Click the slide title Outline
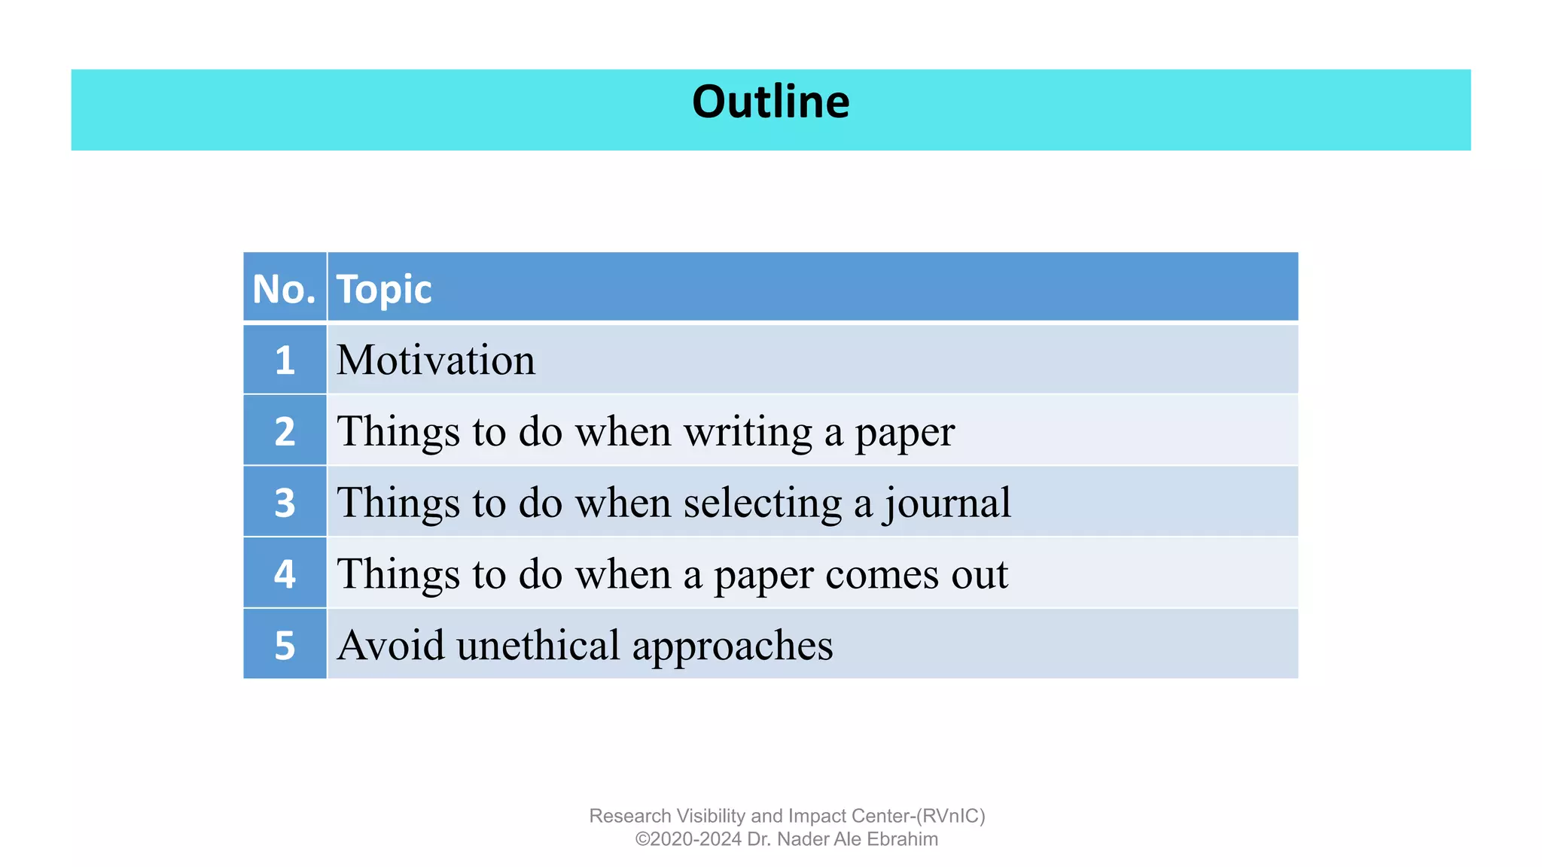(x=770, y=102)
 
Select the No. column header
(x=284, y=289)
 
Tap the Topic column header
(x=384, y=289)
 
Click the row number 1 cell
(x=285, y=360)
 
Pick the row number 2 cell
(x=285, y=431)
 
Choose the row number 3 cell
(x=285, y=503)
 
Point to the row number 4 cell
(x=285, y=574)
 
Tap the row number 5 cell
(x=285, y=645)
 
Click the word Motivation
(x=436, y=360)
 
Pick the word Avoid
(x=391, y=646)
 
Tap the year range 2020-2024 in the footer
(x=696, y=839)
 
